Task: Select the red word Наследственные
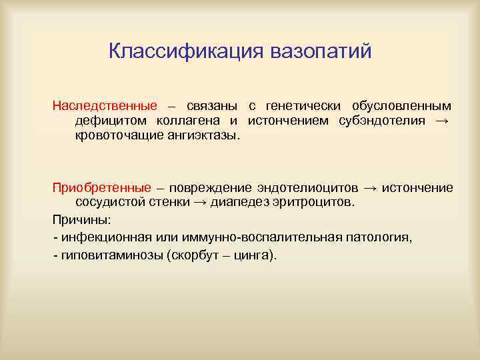[105, 106]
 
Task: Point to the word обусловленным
[401, 106]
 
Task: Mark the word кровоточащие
[116, 135]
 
